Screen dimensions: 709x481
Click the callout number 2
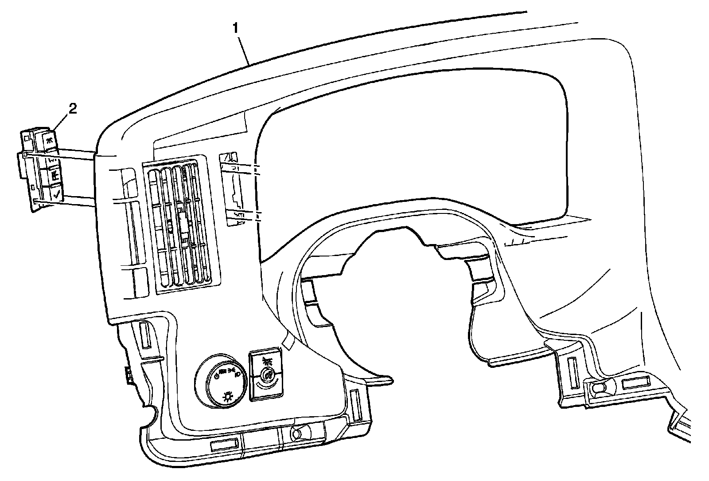click(x=72, y=108)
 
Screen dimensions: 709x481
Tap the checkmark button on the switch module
click(x=56, y=193)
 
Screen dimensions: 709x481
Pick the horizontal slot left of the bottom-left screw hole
click(x=224, y=446)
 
